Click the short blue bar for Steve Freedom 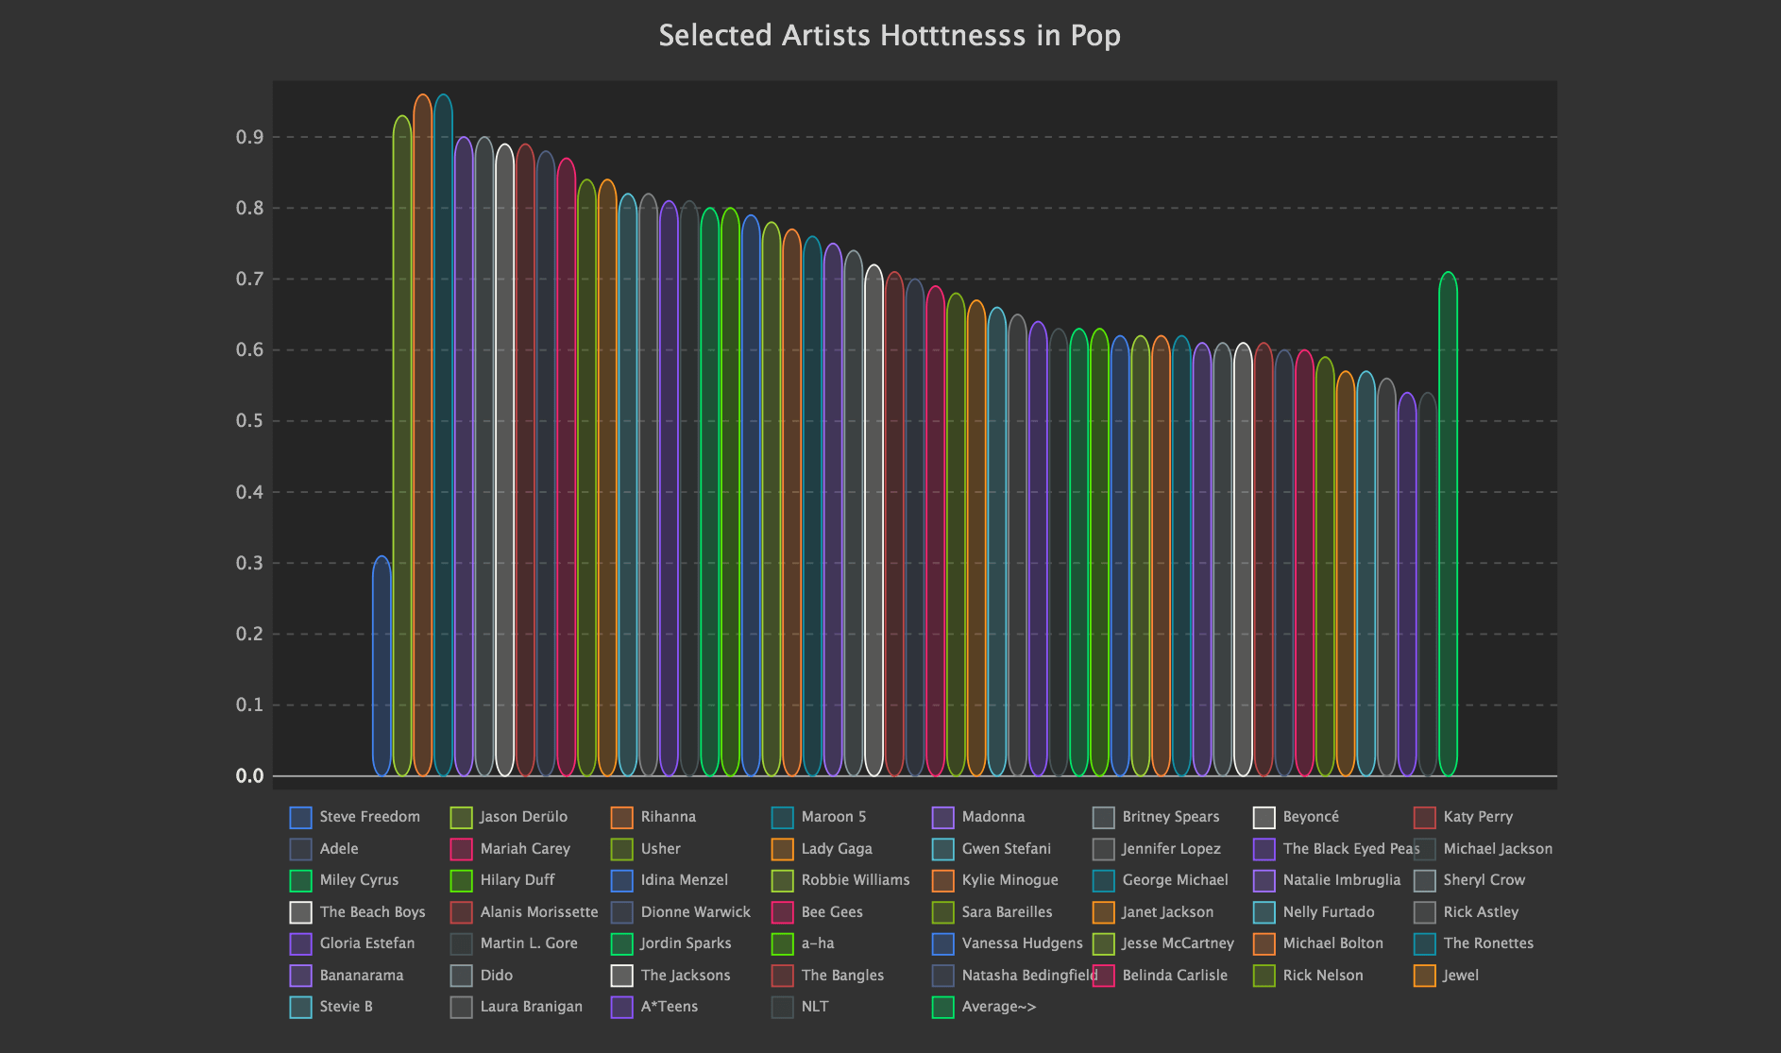point(382,666)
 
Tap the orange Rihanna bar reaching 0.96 point(423,435)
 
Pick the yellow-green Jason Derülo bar point(402,446)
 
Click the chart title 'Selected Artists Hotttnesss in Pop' point(890,35)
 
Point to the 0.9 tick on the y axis point(250,137)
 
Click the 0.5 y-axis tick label point(250,421)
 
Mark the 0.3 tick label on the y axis point(250,563)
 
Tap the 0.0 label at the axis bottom point(250,776)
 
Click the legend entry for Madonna point(978,817)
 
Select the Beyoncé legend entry point(1297,817)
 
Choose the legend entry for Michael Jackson point(1484,849)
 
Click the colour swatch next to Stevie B point(300,1007)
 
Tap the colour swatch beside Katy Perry point(1424,817)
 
